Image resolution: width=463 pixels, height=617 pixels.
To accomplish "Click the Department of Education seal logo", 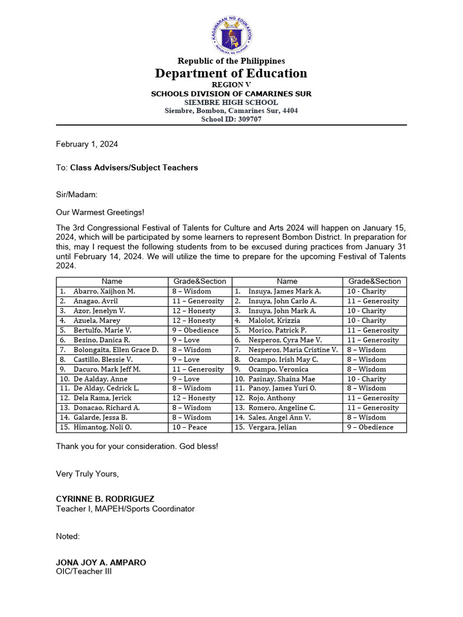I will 231,34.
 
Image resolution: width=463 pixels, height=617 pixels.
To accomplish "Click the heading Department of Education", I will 231,74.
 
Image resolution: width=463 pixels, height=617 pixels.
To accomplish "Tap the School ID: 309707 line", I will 231,119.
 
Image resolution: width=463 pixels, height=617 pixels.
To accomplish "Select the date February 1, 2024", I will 87,144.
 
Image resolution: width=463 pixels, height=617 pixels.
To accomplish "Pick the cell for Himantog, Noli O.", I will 102,427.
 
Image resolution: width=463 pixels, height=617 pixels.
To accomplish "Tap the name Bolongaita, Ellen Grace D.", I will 116,349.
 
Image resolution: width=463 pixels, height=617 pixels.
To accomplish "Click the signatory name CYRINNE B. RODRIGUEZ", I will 105,499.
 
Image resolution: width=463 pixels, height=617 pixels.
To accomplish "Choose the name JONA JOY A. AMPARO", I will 101,563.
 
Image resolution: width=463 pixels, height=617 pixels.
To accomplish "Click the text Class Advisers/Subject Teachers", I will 134,168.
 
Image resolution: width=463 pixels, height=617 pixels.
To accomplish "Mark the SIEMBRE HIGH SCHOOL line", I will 231,102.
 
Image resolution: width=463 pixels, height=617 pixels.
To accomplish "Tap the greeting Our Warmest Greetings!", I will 100,212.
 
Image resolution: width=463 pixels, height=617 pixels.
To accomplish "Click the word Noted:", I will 68,536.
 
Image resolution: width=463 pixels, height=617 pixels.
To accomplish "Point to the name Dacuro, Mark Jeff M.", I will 107,369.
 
